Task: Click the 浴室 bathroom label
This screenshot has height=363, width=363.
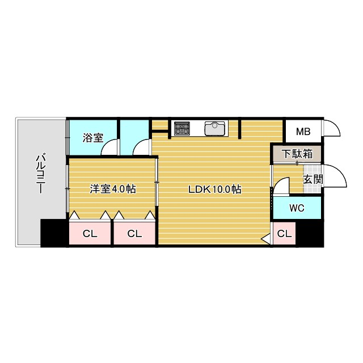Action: tap(92, 137)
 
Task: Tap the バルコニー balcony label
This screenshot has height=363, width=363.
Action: tap(40, 174)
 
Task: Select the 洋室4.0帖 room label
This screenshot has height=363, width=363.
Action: tap(112, 189)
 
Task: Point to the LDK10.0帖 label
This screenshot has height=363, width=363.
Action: tap(215, 189)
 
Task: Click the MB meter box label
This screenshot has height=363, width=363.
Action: tap(303, 132)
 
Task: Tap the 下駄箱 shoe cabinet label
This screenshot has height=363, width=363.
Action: tap(296, 153)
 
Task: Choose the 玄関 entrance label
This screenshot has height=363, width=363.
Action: tap(311, 180)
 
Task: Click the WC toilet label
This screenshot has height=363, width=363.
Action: tap(297, 208)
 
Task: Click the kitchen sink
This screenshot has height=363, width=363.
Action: tap(215, 129)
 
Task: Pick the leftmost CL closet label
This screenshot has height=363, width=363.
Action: tap(90, 233)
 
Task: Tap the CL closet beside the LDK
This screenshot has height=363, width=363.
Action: tap(134, 233)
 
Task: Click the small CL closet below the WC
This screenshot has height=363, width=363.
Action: tap(284, 233)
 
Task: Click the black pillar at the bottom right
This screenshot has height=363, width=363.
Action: tap(310, 233)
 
